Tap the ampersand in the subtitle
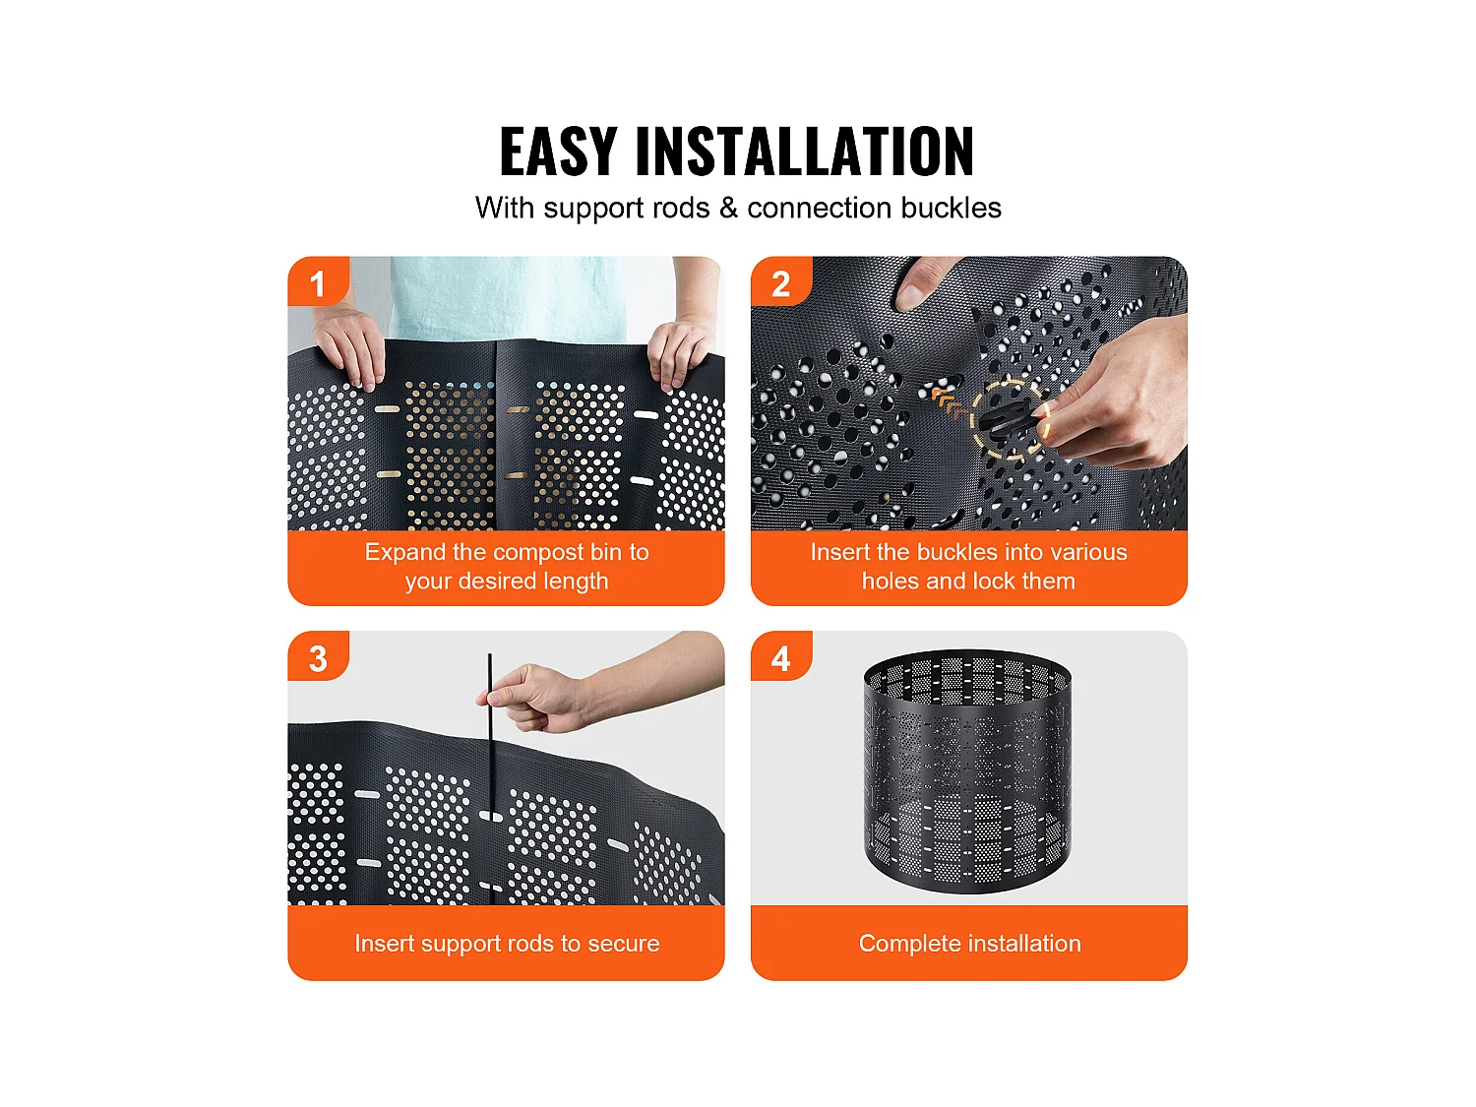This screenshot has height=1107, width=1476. coord(728,208)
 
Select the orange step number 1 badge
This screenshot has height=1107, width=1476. coord(317,283)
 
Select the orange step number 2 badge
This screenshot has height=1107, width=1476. coord(780,283)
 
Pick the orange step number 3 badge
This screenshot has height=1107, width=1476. coord(317,658)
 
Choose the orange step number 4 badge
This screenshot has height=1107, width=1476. coord(780,658)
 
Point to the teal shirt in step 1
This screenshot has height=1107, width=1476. coord(507,295)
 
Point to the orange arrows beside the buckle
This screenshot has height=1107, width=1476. coord(949,401)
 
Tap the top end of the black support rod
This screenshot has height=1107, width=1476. coord(489,657)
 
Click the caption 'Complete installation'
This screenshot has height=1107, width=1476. coord(969,943)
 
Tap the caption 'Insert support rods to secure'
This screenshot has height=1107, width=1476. coord(507,943)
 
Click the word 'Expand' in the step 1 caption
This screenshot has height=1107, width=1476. coord(404,552)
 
